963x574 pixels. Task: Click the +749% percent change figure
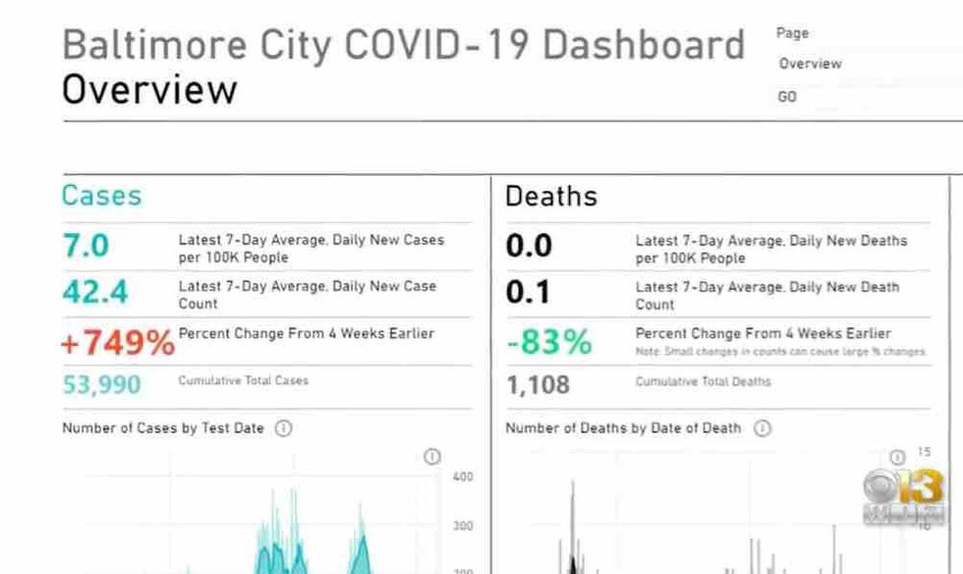pos(117,342)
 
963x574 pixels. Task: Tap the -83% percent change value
pos(549,342)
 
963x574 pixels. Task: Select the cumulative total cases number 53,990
pos(103,384)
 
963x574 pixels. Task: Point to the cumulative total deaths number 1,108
pos(538,385)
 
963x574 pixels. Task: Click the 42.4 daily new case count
pos(94,292)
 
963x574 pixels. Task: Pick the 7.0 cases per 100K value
pos(86,246)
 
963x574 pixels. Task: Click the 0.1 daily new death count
pos(529,293)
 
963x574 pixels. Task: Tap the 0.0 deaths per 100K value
pos(529,246)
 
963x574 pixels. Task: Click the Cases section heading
pos(101,196)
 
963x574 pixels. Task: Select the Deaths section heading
pos(550,196)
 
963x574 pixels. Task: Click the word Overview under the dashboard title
pos(149,89)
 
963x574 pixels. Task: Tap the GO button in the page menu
pos(787,97)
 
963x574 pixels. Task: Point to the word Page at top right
pos(792,33)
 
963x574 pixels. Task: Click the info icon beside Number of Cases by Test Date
pos(283,429)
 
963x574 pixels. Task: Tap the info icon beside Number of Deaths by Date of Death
pos(762,429)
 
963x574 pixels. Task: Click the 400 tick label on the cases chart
pos(463,477)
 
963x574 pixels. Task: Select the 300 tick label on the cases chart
pos(463,526)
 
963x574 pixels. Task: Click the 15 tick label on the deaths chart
pos(924,452)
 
